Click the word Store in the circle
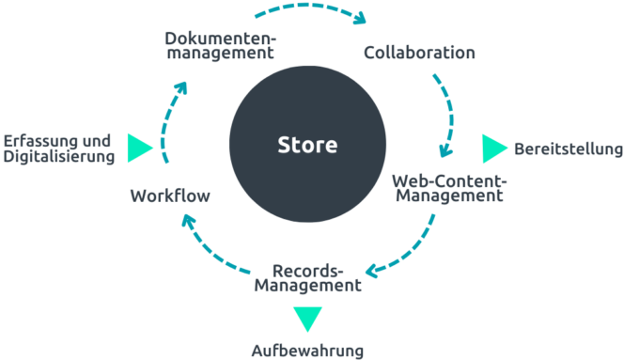(x=306, y=146)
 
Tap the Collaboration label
(x=419, y=53)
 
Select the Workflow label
(x=170, y=196)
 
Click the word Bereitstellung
(x=569, y=149)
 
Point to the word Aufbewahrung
(x=307, y=351)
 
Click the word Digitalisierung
(x=59, y=156)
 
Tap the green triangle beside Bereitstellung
(x=493, y=149)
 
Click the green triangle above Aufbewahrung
(x=307, y=318)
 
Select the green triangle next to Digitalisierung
(x=139, y=148)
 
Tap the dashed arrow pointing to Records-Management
(x=410, y=249)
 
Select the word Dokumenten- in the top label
(x=220, y=38)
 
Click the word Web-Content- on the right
(x=449, y=180)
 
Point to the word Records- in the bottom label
(x=307, y=268)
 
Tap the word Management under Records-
(x=308, y=285)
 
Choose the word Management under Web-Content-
(x=449, y=196)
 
